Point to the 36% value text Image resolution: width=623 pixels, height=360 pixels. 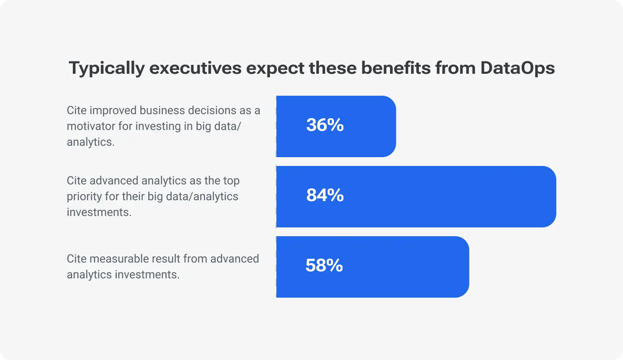(325, 126)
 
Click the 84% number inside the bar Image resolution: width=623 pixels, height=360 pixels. (325, 195)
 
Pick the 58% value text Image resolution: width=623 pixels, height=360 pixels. (324, 266)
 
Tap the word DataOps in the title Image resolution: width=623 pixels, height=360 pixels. (518, 69)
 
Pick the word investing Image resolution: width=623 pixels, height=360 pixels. (155, 126)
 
